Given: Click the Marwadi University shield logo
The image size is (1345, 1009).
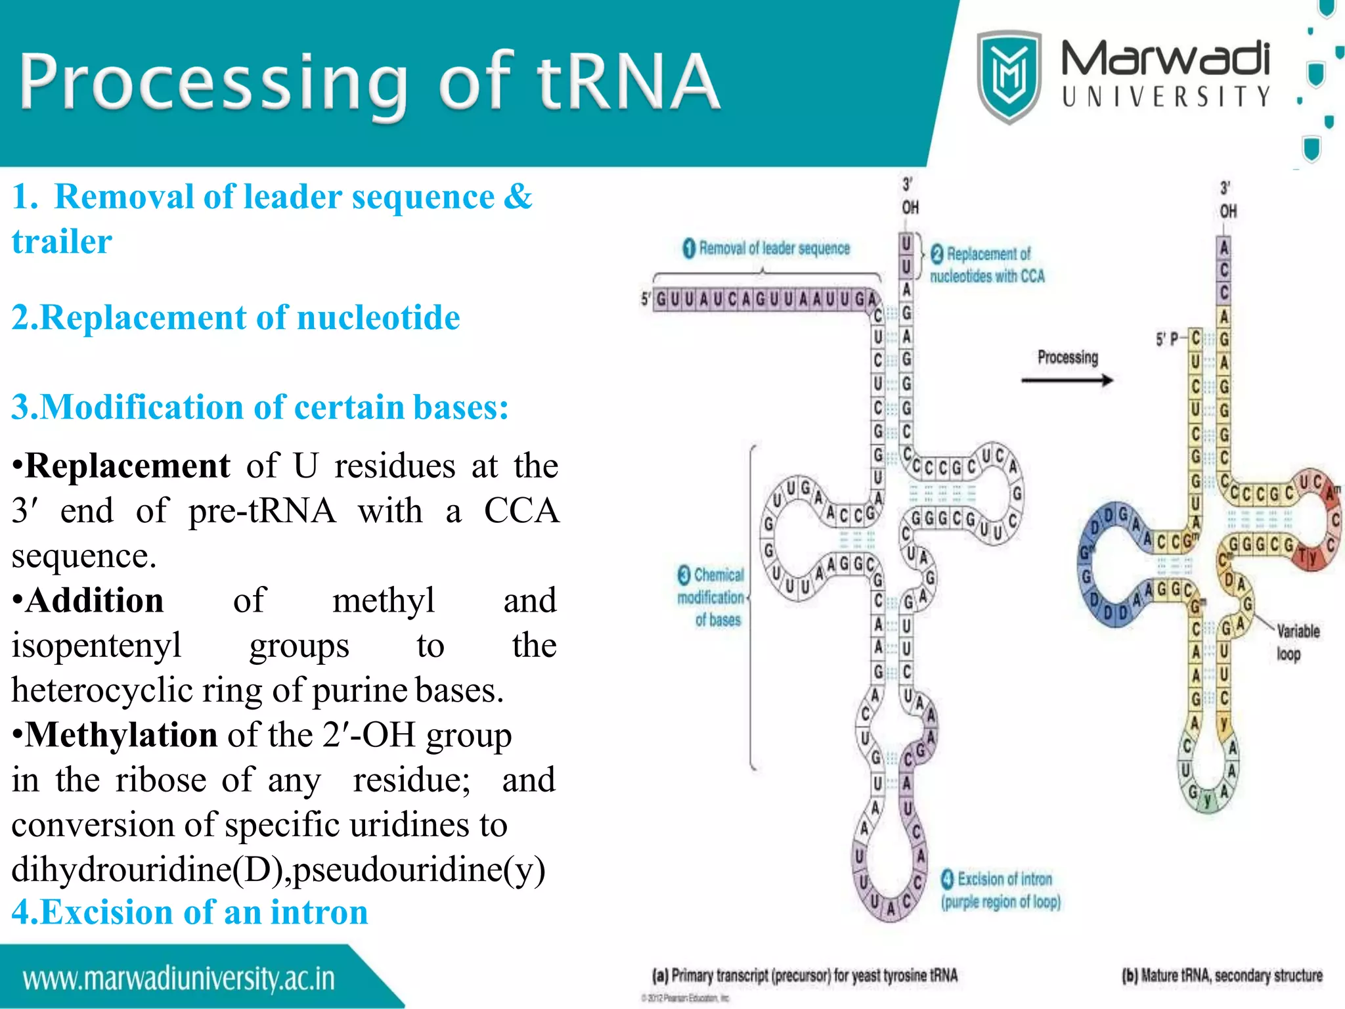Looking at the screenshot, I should (1009, 77).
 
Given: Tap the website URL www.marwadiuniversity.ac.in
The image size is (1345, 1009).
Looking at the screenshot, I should (179, 979).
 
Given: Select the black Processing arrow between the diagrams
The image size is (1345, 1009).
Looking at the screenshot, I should (1067, 380).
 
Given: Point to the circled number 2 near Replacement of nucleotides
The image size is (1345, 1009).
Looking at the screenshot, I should (937, 254).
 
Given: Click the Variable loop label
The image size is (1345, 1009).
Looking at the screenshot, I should (1296, 642).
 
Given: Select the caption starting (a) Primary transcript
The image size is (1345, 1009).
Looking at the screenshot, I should (805, 975).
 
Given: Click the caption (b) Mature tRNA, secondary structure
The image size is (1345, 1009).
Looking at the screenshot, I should (1222, 975).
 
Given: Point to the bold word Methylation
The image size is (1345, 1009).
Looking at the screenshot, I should (121, 734).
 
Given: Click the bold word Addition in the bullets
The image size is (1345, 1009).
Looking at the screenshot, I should (95, 600).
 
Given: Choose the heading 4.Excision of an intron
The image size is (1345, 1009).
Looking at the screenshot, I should (190, 912).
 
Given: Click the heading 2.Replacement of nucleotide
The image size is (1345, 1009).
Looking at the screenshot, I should (236, 317).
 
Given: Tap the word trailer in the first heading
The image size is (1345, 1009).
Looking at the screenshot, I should (62, 241).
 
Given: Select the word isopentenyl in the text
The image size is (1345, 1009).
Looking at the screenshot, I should (97, 645).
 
